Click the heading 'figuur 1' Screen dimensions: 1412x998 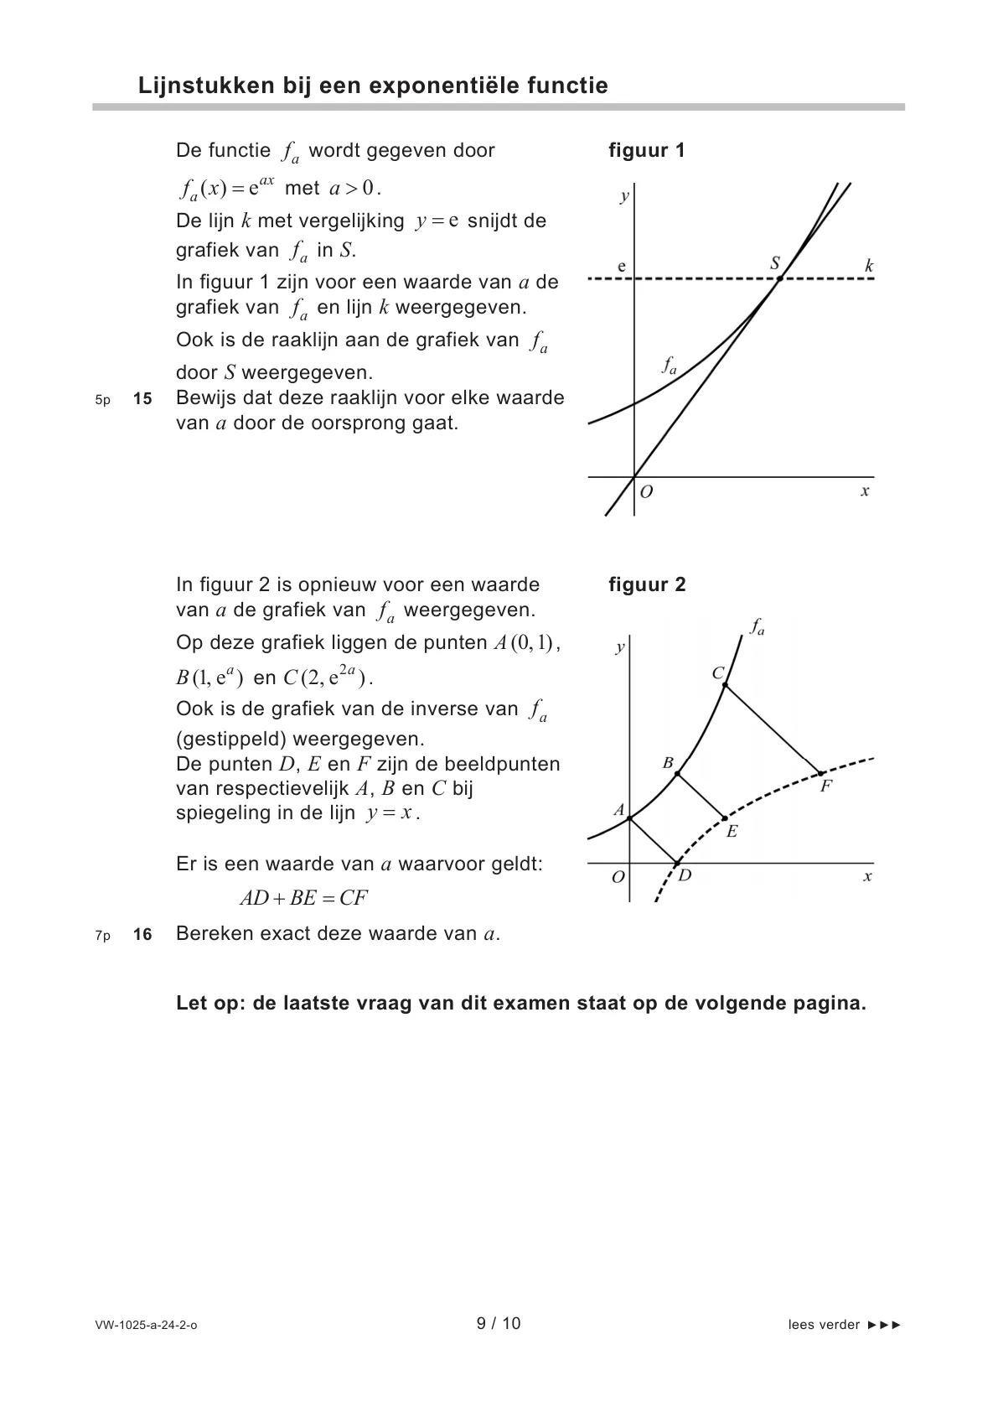point(646,151)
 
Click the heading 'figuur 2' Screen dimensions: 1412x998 point(647,585)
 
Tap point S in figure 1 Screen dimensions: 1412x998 point(778,278)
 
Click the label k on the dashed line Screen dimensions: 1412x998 point(869,267)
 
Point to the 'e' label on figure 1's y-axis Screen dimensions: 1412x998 point(622,267)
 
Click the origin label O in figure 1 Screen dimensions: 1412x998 point(646,492)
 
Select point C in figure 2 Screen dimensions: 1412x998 point(725,686)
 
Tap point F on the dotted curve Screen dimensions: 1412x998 point(821,772)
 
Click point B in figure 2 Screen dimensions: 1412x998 point(677,773)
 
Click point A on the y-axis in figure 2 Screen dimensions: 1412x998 point(629,818)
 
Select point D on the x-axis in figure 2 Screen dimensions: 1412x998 point(677,863)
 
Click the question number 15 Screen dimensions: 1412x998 point(142,399)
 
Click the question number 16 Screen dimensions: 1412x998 point(142,934)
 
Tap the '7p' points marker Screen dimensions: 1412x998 point(102,936)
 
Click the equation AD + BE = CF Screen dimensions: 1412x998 point(303,899)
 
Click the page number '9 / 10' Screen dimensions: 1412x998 point(499,1324)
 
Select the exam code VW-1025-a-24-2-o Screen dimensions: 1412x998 point(147,1326)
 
